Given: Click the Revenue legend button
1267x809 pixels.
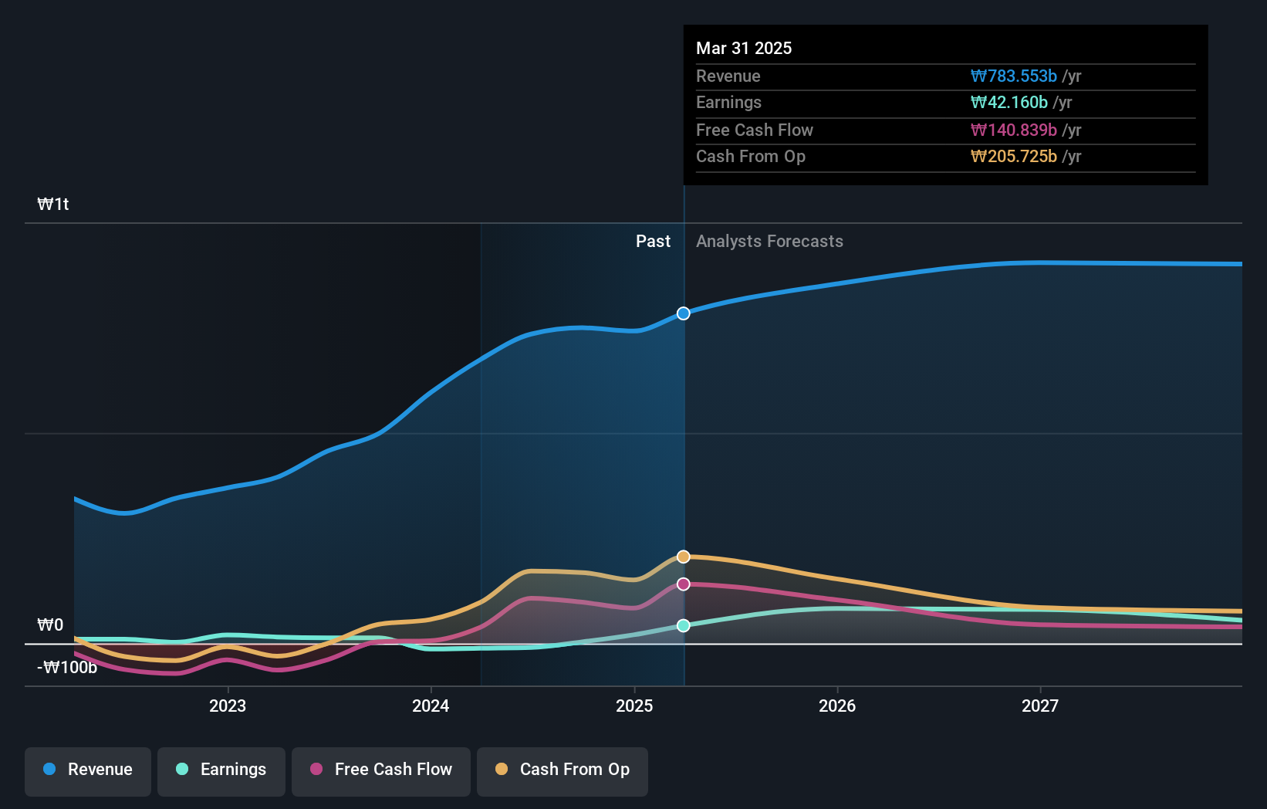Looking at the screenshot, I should pos(88,770).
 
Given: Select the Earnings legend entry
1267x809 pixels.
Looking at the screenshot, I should pos(221,770).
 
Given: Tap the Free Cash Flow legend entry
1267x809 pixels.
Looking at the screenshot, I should pos(381,770).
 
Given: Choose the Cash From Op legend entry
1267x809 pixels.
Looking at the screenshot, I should pos(563,770).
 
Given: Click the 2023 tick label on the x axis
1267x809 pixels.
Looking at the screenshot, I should pos(228,706).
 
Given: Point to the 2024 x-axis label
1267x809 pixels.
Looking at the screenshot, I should pos(431,706).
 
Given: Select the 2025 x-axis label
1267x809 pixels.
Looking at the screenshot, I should pos(634,706).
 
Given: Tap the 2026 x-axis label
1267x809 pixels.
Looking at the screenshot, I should pos(837,706).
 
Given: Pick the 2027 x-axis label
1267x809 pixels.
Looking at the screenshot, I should pos(1040,706).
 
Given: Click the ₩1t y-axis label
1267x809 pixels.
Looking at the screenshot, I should pos(53,205).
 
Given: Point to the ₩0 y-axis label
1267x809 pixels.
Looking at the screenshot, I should pos(51,625).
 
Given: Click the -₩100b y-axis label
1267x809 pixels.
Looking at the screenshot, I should pos(67,667).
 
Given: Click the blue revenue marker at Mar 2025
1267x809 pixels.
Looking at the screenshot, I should pos(684,313).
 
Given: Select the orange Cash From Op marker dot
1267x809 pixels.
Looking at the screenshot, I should pos(684,557).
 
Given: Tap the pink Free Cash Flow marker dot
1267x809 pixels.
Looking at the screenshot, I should pos(684,584).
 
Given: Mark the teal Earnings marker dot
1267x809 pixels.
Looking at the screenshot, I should pos(684,625).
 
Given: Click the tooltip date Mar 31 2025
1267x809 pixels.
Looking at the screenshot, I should pos(744,48).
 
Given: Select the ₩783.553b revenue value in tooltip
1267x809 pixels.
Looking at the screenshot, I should pos(1013,76).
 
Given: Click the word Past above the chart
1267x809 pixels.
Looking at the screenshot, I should pos(653,242).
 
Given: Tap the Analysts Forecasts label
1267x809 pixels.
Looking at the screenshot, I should pos(769,242).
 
